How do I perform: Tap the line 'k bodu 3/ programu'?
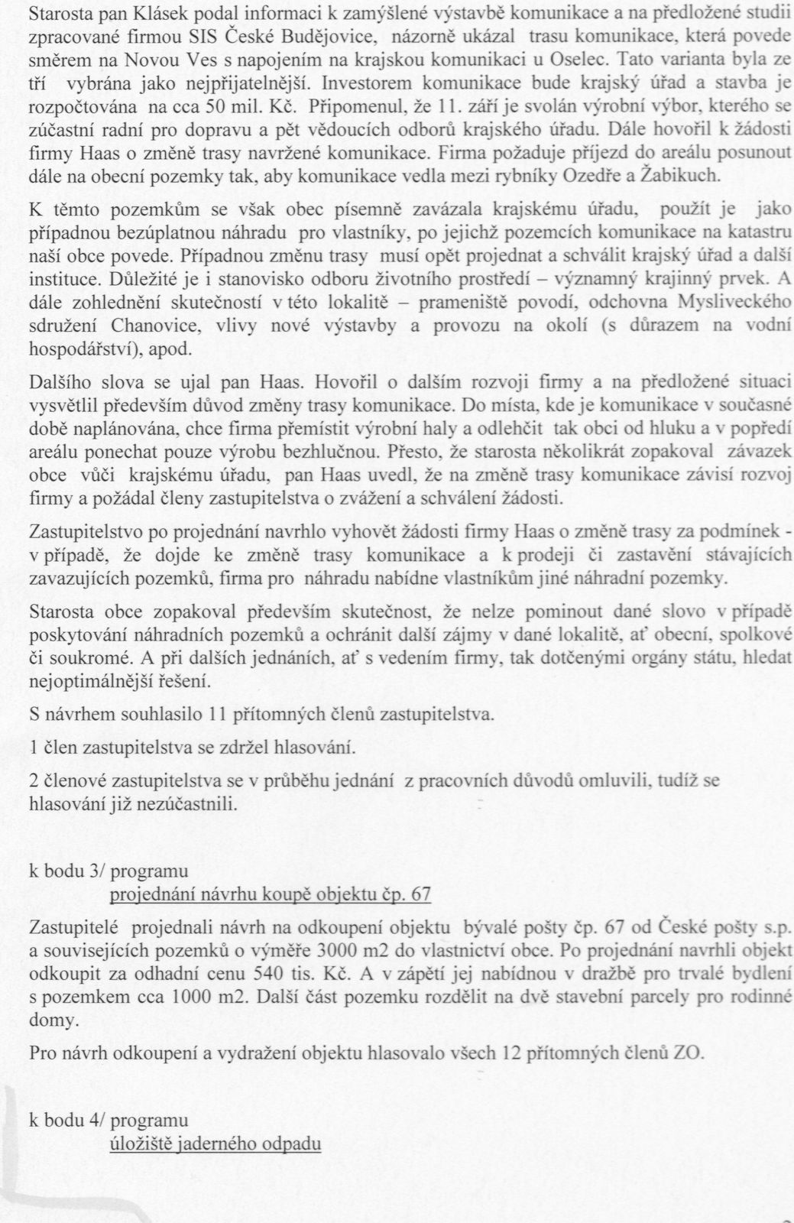[109, 871]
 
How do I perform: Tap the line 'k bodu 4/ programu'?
[109, 1121]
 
